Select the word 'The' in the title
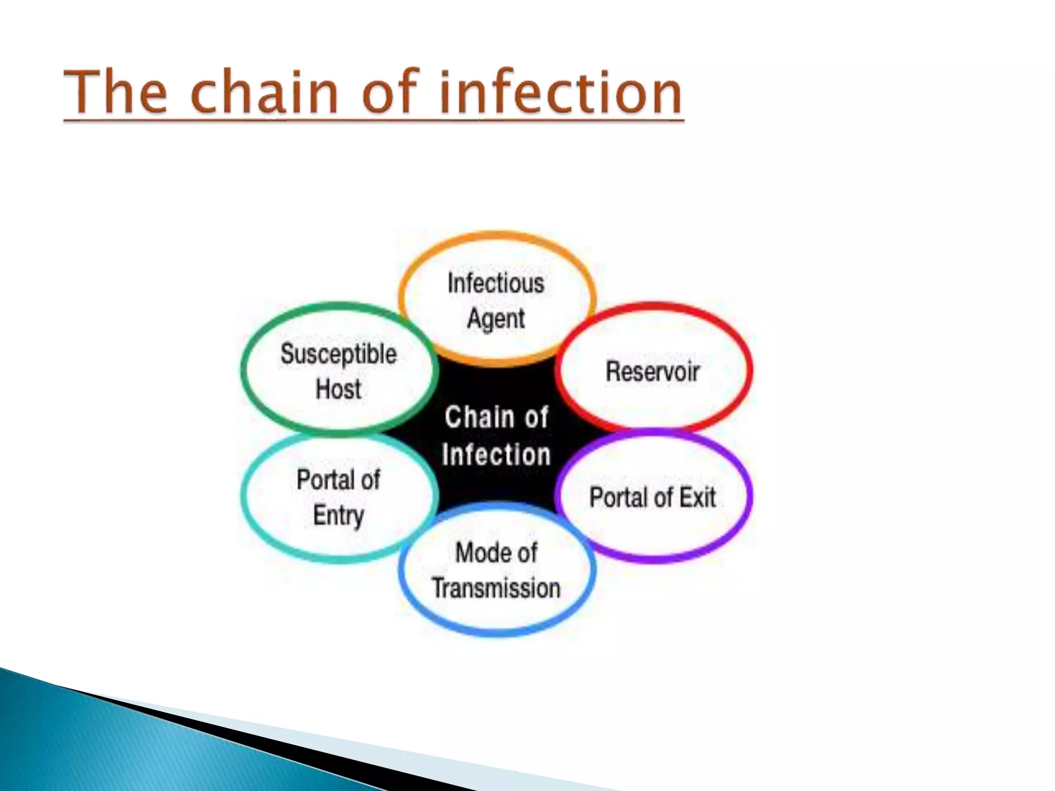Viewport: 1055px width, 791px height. [x=116, y=93]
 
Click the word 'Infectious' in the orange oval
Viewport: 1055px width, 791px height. [x=496, y=284]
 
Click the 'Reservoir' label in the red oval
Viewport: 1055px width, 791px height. [x=652, y=371]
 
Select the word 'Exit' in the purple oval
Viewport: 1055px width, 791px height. [x=697, y=497]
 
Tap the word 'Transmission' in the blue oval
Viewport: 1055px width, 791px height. [x=496, y=588]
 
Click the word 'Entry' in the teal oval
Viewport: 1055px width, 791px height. [x=338, y=515]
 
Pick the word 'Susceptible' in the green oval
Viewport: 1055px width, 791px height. [x=338, y=354]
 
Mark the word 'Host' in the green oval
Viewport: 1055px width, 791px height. [x=338, y=389]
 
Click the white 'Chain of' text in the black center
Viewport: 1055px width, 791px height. [x=496, y=417]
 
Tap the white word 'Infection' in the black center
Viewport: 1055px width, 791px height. [x=496, y=455]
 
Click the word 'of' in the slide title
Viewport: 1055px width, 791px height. [x=389, y=93]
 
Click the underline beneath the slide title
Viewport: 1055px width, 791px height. [x=373, y=121]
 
